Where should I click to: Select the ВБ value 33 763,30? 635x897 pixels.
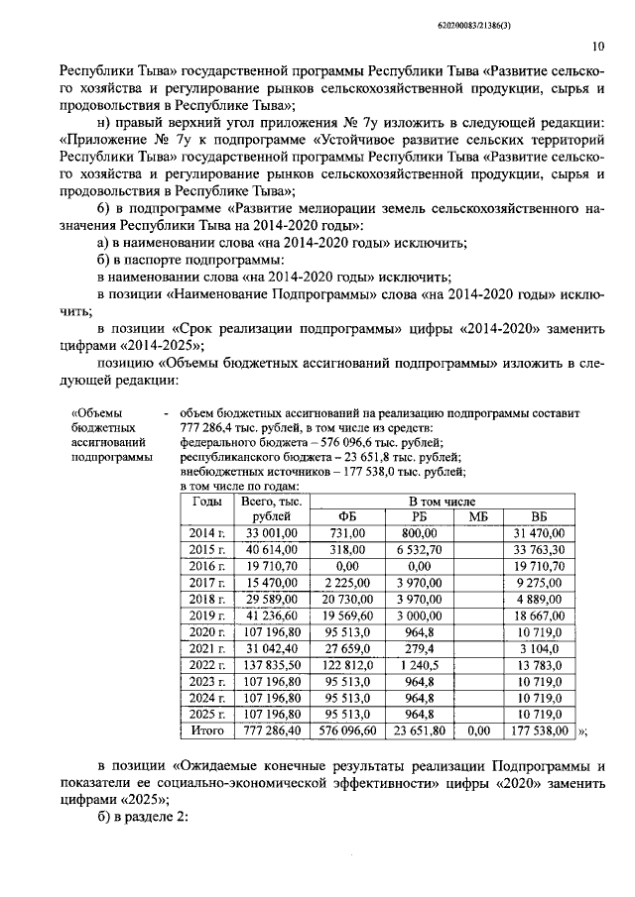(x=539, y=550)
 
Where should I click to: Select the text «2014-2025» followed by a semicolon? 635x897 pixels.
(x=171, y=346)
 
